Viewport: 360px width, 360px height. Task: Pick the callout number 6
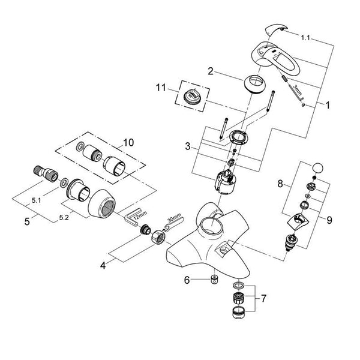point(187,280)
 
